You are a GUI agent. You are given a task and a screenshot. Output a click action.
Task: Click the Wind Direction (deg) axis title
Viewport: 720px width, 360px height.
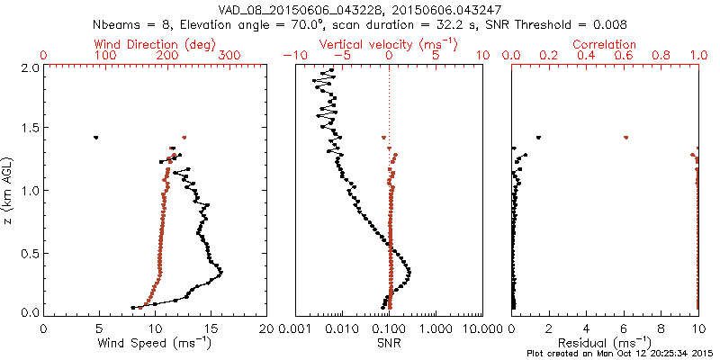coord(156,43)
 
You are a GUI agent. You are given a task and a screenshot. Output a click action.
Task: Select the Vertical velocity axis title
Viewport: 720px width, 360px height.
coord(389,43)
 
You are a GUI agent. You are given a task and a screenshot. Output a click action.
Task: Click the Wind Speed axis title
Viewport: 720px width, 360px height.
coord(156,342)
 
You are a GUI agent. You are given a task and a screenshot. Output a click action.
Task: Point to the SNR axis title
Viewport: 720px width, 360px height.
coord(389,342)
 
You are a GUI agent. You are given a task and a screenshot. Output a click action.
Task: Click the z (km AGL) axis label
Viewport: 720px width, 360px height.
coord(10,189)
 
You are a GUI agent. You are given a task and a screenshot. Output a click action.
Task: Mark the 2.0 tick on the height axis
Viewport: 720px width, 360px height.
coord(30,67)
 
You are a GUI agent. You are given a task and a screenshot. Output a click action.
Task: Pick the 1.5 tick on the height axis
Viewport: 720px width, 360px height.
coord(30,129)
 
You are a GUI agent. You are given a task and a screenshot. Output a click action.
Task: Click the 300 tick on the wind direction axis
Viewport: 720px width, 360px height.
coord(229,56)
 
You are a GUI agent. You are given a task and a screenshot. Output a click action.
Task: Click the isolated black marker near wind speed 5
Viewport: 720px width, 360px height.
coord(95,138)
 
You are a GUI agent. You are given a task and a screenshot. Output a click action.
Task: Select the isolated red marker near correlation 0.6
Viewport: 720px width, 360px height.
coord(625,138)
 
